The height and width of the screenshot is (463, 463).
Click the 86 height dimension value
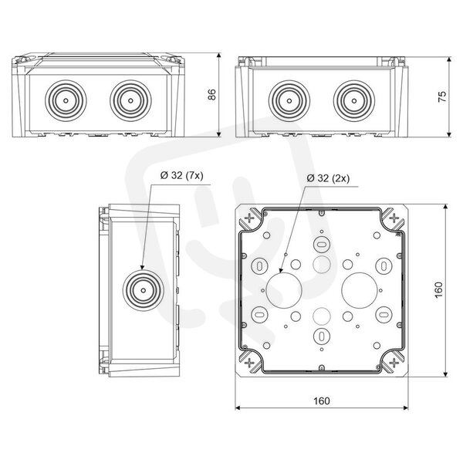pos(212,94)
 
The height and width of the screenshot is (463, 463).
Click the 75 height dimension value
pos(442,96)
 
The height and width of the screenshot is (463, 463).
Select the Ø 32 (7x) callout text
pos(182,175)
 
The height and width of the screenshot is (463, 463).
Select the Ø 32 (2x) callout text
pos(328,178)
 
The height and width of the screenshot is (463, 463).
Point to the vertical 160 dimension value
pos(439,290)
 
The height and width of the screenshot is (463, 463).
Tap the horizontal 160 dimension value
pos(321,400)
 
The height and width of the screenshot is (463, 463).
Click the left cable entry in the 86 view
pos(66,100)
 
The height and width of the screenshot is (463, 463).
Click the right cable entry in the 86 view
pos(130,100)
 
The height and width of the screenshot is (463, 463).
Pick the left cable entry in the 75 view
pos(289,100)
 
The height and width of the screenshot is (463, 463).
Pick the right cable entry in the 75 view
pos(354,100)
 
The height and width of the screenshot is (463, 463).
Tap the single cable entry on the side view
pos(144,290)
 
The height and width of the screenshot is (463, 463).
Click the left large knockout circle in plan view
pos(284,290)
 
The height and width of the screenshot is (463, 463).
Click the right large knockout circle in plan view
pos(359,290)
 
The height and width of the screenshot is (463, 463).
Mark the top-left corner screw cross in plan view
pos(249,218)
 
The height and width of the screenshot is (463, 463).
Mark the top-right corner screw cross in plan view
pos(394,218)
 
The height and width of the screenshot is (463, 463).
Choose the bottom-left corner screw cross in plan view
pos(249,363)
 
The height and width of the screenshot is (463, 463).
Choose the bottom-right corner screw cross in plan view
pos(394,363)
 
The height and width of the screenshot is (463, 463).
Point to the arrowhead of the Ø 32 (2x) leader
pos(281,269)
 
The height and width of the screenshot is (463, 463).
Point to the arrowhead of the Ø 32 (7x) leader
pos(142,267)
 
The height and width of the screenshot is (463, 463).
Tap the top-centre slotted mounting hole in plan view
pos(322,244)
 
